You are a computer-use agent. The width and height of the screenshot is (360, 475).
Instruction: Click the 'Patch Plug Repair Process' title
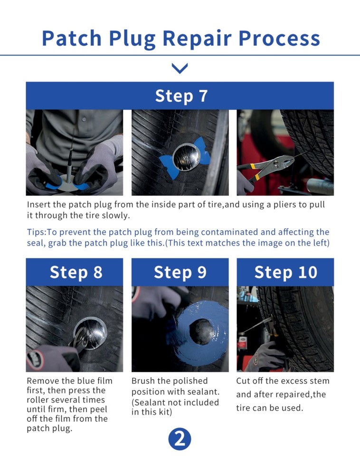click(x=180, y=38)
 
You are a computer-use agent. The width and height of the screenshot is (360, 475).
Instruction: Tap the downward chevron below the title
click(x=180, y=69)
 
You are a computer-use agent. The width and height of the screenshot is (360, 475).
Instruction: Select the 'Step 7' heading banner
click(x=180, y=95)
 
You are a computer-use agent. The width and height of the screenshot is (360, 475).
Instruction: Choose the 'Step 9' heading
click(x=180, y=272)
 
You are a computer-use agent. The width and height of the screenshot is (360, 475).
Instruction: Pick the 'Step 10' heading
click(x=285, y=272)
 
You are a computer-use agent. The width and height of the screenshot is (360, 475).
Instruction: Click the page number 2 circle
click(x=180, y=439)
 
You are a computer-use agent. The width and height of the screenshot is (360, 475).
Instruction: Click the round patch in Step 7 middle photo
click(x=186, y=157)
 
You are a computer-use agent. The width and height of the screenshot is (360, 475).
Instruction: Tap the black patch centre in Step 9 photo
click(x=202, y=331)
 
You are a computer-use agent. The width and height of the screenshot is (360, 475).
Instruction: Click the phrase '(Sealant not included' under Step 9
click(x=175, y=402)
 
